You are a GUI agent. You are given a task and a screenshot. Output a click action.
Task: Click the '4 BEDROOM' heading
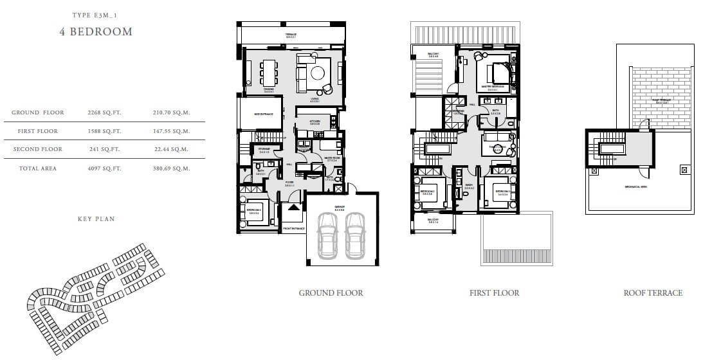pos(96,32)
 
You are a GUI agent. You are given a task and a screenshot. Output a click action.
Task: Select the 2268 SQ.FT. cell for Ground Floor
pos(104,113)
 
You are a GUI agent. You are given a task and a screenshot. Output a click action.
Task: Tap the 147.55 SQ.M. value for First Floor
pos(172,131)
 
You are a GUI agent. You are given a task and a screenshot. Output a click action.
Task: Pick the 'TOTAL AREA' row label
pos(38,168)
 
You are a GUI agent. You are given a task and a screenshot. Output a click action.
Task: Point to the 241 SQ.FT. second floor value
pos(104,149)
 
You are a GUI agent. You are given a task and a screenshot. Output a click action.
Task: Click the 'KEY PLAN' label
pos(96,219)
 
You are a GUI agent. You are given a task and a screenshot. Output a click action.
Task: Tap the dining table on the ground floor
pos(268,72)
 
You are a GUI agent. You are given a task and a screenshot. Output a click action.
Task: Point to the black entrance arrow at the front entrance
pos(293,208)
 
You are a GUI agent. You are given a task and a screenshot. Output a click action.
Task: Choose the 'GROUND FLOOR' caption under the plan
pos(331,293)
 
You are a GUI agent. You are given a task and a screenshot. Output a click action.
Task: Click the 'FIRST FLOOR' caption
pos(494,293)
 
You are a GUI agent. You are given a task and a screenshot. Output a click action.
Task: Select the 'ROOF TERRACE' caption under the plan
pos(653,293)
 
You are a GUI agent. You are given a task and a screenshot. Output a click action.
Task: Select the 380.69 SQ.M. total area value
pos(172,168)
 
